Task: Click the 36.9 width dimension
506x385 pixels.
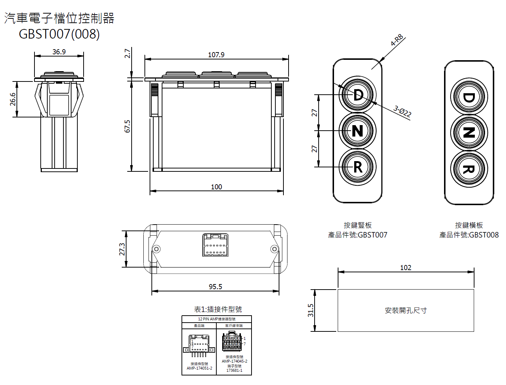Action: tap(59, 52)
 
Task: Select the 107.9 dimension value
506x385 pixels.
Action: tap(216, 55)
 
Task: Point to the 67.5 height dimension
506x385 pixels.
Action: tap(127, 126)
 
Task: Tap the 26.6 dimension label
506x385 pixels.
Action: tap(13, 99)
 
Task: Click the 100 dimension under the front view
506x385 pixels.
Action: tap(216, 187)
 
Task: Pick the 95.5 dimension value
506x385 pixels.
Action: tap(215, 287)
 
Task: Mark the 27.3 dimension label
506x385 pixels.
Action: tap(122, 249)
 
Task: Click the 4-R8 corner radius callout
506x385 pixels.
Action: tap(397, 40)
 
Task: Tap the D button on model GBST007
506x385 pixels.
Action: tap(357, 95)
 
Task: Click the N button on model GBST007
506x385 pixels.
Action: tap(357, 131)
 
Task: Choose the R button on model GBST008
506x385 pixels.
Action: tap(469, 169)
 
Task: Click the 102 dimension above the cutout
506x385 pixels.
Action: tap(406, 268)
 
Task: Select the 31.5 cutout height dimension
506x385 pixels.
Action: tap(311, 310)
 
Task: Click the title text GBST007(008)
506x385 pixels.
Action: tap(59, 34)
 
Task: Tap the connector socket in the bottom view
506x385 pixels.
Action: tap(216, 245)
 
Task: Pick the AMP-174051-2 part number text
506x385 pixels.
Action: tap(199, 368)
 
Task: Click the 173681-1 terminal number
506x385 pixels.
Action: tap(234, 370)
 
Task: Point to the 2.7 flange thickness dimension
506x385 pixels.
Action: tap(127, 53)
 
